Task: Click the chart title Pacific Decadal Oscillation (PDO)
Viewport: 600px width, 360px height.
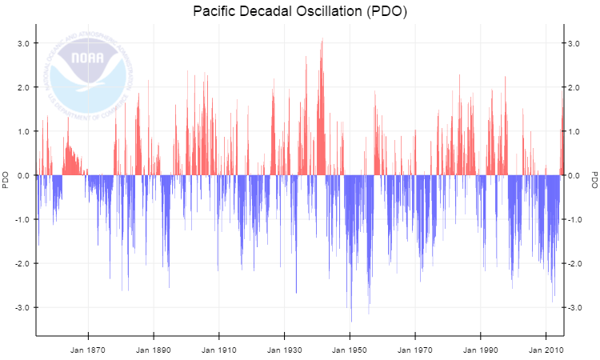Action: point(300,11)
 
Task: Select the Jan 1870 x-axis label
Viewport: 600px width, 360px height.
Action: point(88,350)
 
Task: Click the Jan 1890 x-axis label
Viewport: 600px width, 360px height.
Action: point(154,350)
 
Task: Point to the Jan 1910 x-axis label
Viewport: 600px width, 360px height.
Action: point(219,350)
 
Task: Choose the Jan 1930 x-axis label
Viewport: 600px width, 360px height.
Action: point(285,350)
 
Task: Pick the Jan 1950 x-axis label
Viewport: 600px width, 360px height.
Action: point(350,350)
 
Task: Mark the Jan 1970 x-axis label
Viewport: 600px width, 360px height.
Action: point(415,350)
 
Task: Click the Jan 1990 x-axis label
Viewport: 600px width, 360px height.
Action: point(481,350)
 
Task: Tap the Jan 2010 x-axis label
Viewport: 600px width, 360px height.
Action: point(546,350)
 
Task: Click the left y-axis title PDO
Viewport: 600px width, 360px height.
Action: point(6,180)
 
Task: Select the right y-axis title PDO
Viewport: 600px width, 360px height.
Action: point(594,180)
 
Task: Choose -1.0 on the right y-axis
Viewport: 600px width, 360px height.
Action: point(576,219)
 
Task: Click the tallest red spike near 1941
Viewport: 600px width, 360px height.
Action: point(322,40)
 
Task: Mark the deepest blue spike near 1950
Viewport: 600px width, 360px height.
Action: point(351,320)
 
